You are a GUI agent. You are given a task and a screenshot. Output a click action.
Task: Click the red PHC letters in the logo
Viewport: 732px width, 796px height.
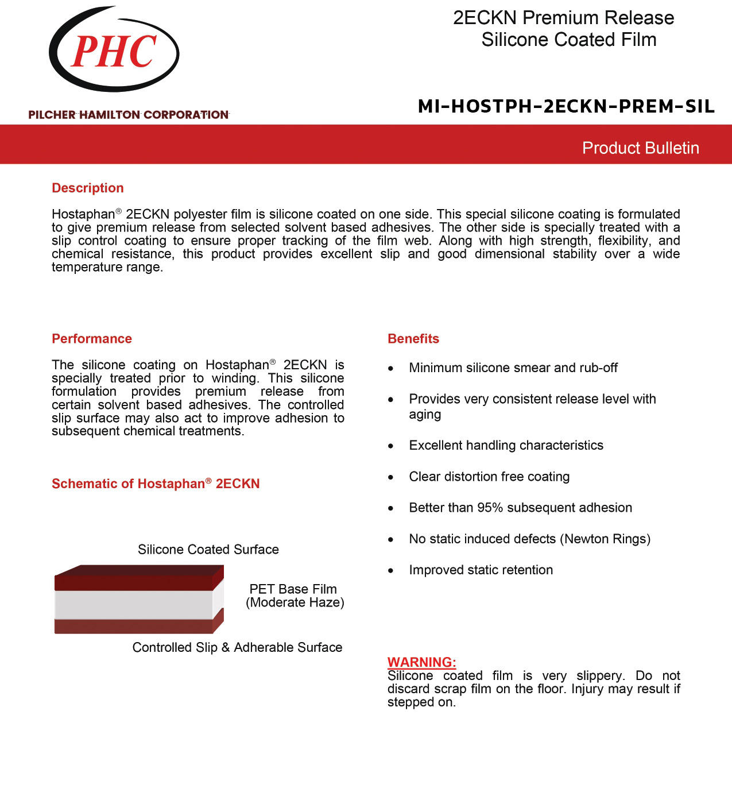pyautogui.click(x=114, y=52)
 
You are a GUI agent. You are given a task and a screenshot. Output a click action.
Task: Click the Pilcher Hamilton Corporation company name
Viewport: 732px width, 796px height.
pyautogui.click(x=128, y=115)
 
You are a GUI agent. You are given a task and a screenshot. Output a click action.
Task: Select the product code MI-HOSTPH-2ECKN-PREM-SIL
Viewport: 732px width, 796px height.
pyautogui.click(x=566, y=106)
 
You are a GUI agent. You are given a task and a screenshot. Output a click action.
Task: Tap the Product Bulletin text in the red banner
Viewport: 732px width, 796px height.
pyautogui.click(x=640, y=148)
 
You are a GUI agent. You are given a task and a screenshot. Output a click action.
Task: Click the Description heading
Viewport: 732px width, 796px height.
pyautogui.click(x=88, y=188)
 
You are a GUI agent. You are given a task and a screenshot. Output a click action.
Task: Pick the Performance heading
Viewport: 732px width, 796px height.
pyautogui.click(x=92, y=339)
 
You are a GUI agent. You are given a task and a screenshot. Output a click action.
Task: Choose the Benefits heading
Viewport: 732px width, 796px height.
pyautogui.click(x=413, y=339)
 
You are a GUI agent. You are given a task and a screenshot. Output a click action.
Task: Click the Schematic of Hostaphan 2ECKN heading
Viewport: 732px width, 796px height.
pyautogui.click(x=156, y=484)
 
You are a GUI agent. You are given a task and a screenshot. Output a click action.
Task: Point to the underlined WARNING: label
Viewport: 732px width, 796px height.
pyautogui.click(x=421, y=662)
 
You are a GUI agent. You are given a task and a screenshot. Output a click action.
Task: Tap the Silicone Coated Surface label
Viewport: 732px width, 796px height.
pyautogui.click(x=208, y=550)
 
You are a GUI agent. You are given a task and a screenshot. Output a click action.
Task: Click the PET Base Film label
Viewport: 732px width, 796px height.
pyautogui.click(x=293, y=589)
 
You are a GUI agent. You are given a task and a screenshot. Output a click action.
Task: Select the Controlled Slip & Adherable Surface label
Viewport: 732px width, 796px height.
pyautogui.click(x=237, y=647)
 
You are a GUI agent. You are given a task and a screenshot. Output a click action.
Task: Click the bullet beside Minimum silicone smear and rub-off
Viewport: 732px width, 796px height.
pyautogui.click(x=391, y=369)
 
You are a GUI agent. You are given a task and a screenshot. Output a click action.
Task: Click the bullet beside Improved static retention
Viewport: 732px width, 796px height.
pyautogui.click(x=391, y=571)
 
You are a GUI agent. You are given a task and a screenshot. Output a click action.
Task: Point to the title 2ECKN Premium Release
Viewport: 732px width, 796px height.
pyautogui.click(x=563, y=18)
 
